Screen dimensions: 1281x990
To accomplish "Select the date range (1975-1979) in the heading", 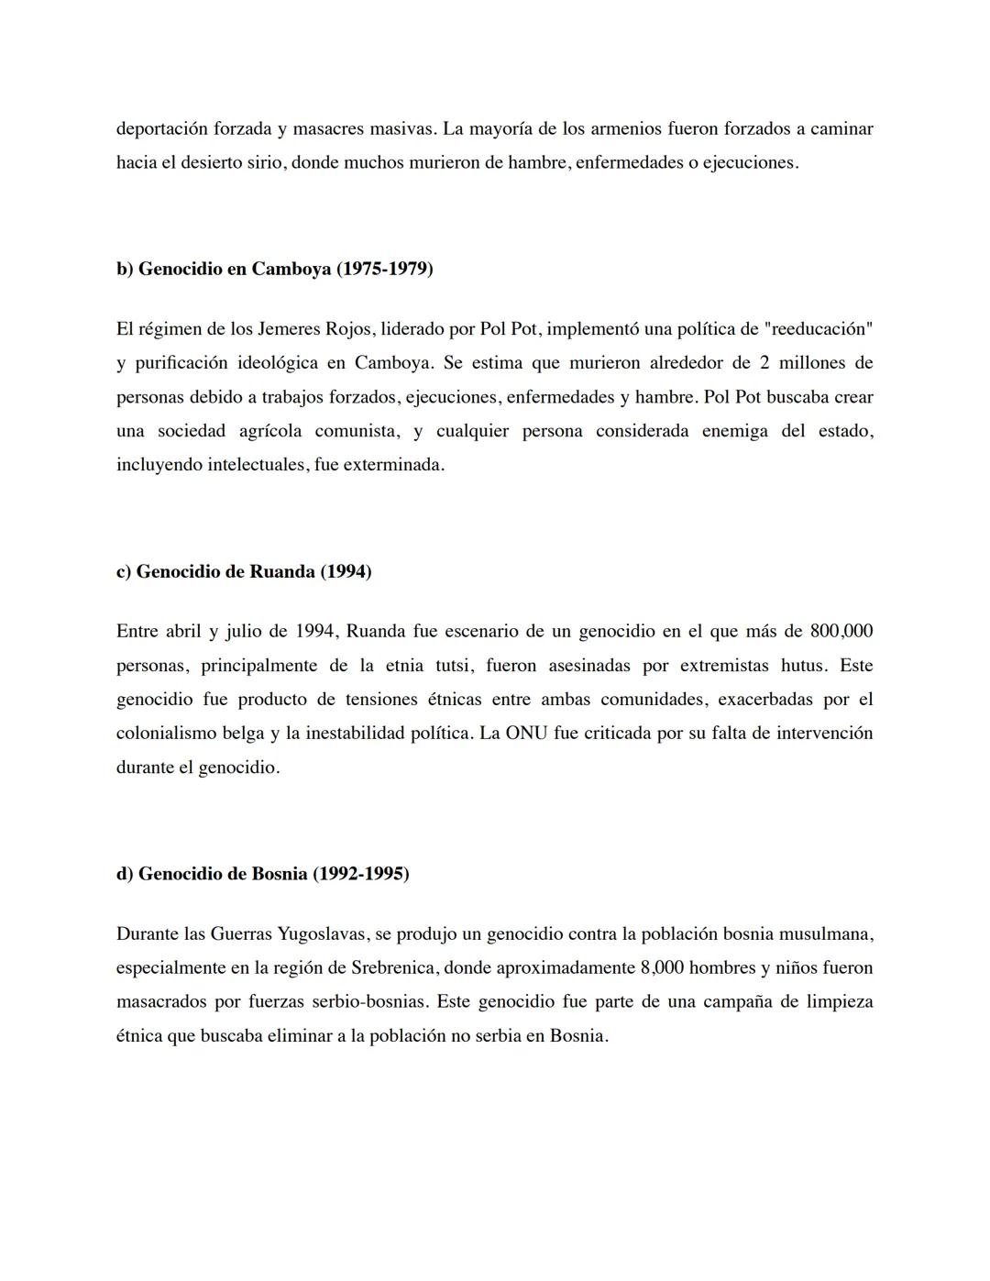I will pyautogui.click(x=385, y=269).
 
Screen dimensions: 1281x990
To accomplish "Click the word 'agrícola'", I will pyautogui.click(x=270, y=431).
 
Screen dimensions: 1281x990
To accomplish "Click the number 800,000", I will pyautogui.click(x=841, y=632).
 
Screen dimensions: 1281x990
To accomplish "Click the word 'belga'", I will pyautogui.click(x=243, y=734).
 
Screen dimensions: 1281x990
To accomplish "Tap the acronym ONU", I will pyautogui.click(x=526, y=734).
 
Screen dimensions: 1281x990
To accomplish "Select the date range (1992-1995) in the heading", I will pyautogui.click(x=361, y=874).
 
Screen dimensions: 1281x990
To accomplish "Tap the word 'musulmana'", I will pyautogui.click(x=825, y=934).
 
